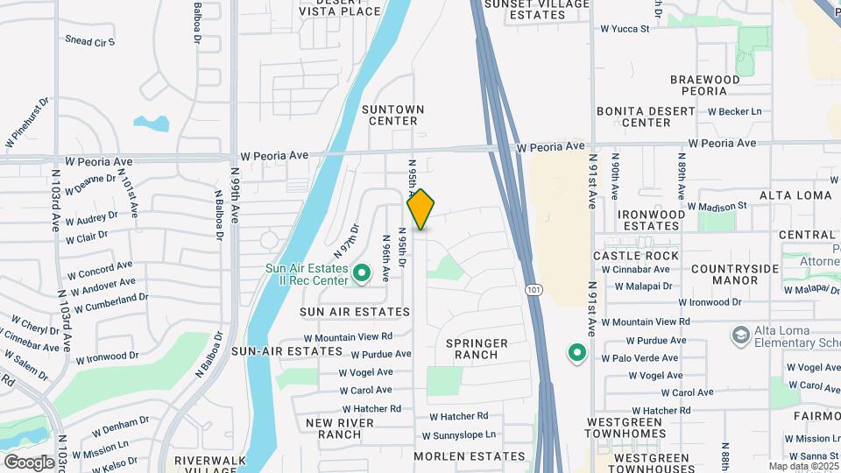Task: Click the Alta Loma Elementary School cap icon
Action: pos(740,335)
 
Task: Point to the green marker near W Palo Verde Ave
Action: pos(576,353)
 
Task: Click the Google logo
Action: pos(28,462)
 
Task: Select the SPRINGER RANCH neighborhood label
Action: pos(477,349)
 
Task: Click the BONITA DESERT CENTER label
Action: pos(646,117)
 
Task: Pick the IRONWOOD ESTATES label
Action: pos(650,220)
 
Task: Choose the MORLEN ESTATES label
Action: pos(469,456)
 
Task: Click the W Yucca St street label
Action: pos(624,28)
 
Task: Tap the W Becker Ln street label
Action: pos(734,111)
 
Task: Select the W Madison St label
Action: pos(717,206)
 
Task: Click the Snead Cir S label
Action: pos(89,41)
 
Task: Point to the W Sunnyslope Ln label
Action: pos(458,435)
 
